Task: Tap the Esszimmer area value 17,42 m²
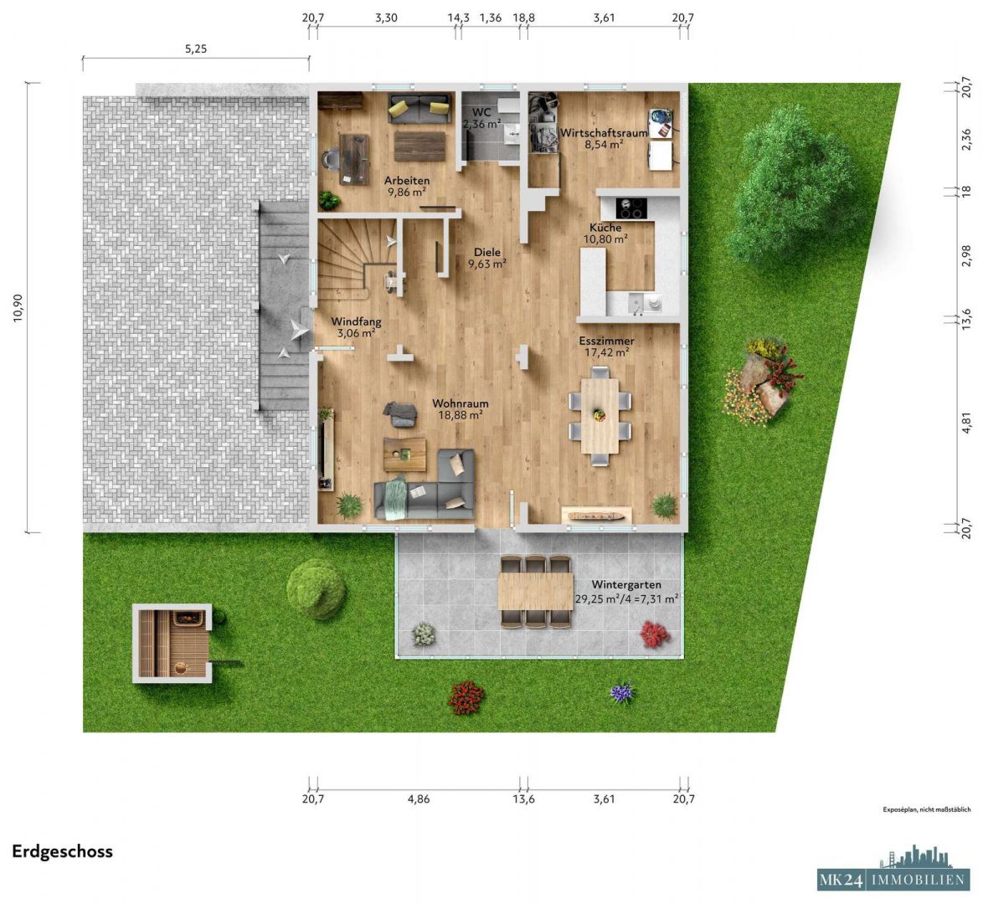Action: coord(606,353)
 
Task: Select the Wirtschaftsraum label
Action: coord(604,132)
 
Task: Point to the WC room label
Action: coord(481,112)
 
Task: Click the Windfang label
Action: coord(356,321)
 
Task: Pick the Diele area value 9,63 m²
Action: coord(486,264)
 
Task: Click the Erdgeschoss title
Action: coord(62,851)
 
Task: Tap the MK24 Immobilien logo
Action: coord(892,871)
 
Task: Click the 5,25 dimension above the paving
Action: coord(195,49)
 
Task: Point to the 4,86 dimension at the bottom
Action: coord(418,799)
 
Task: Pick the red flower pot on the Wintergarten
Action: coord(655,634)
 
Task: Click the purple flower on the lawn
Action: coord(621,692)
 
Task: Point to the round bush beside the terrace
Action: coord(316,588)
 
